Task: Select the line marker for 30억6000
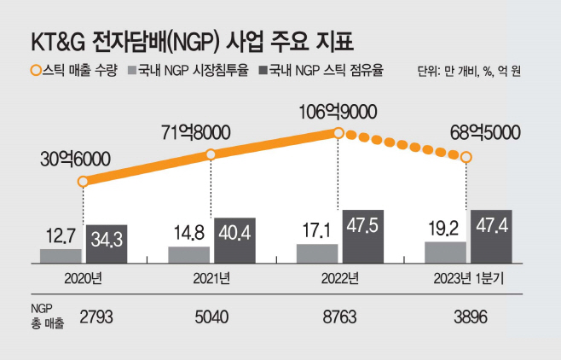pyautogui.click(x=83, y=182)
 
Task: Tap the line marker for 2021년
pyautogui.click(x=211, y=154)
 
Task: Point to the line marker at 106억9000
pyautogui.click(x=338, y=132)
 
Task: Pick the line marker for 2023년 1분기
pyautogui.click(x=466, y=157)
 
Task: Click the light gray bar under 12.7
pyautogui.click(x=61, y=254)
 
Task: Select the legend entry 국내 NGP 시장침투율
pyautogui.click(x=195, y=71)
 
